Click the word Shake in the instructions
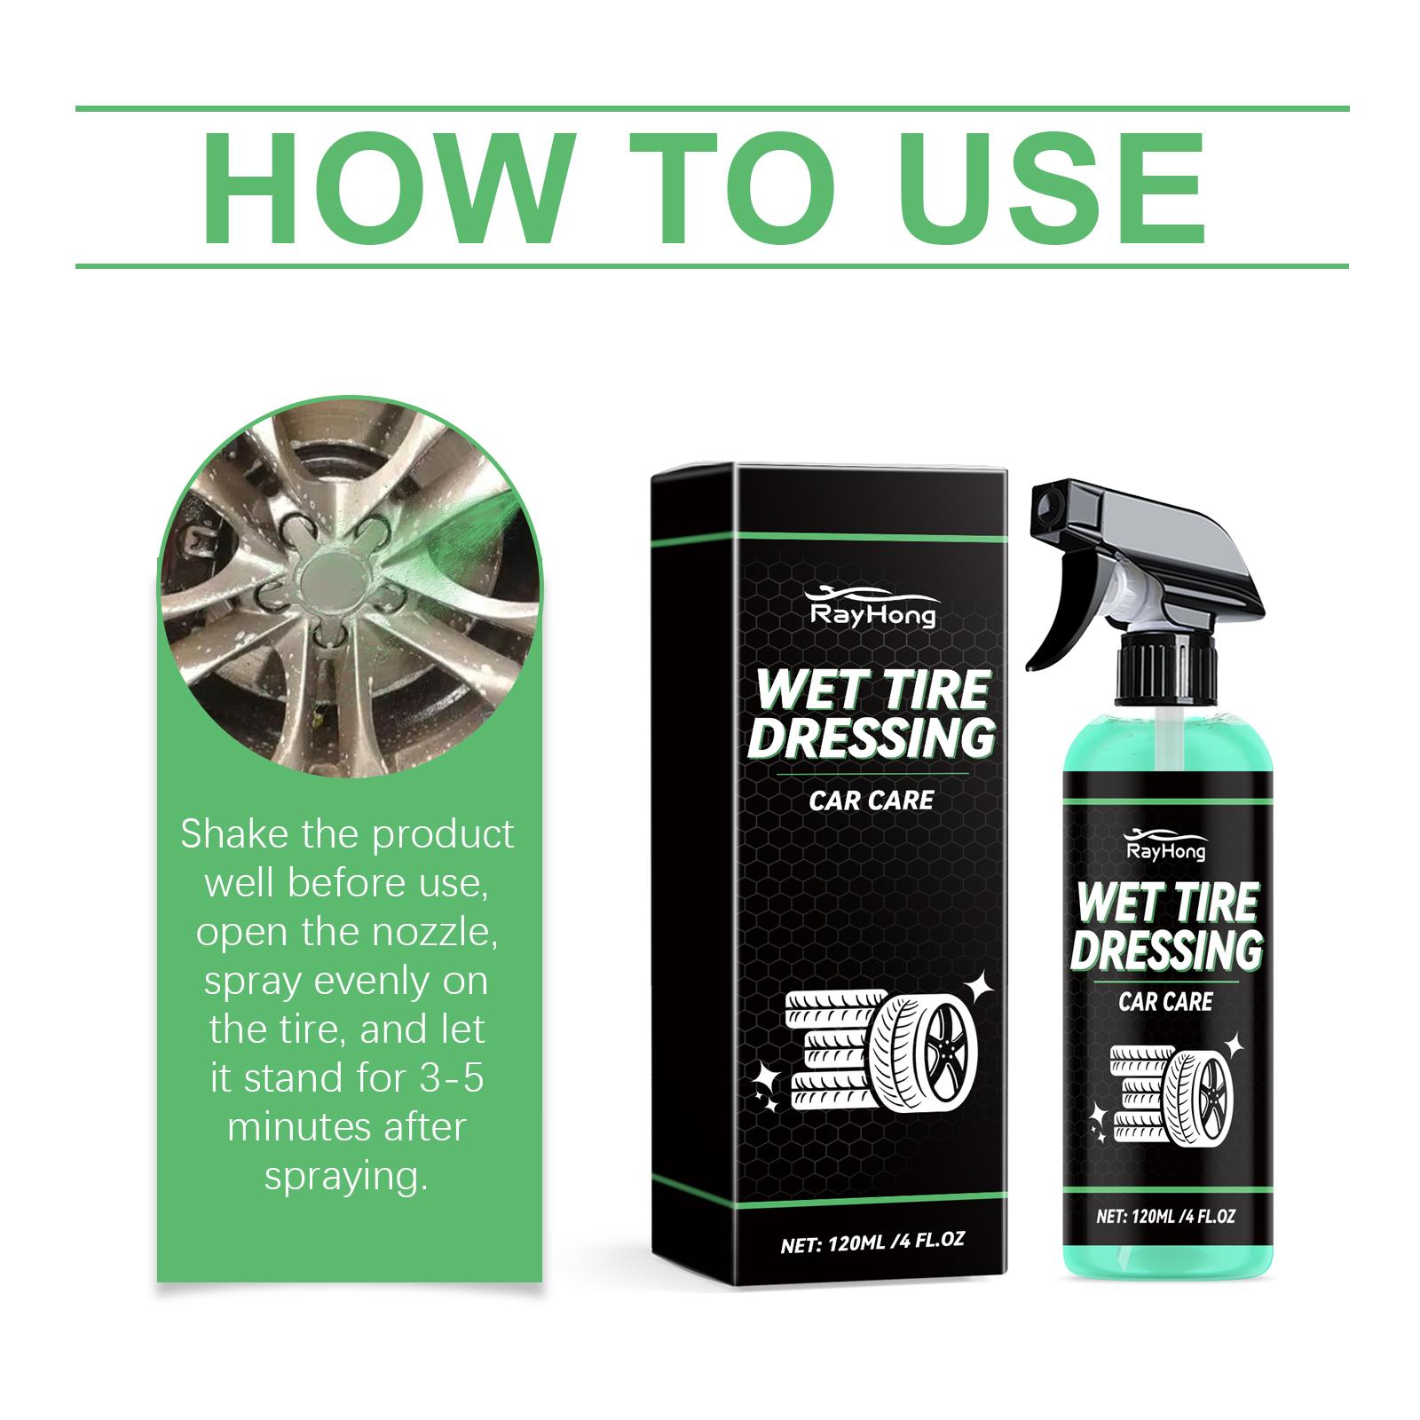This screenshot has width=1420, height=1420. (232, 834)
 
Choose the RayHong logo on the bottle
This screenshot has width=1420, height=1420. (1164, 843)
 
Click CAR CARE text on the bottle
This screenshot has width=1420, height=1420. (1165, 1002)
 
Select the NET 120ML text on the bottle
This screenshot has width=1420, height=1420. (1165, 1217)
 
